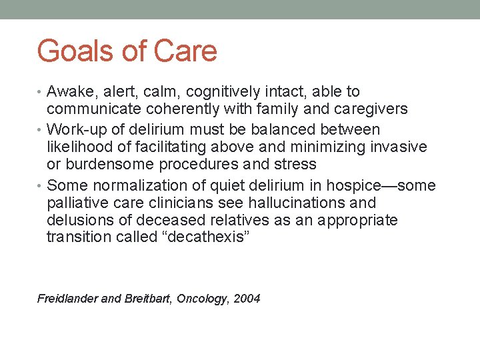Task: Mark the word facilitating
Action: point(190,147)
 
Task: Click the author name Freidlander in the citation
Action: point(67,299)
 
